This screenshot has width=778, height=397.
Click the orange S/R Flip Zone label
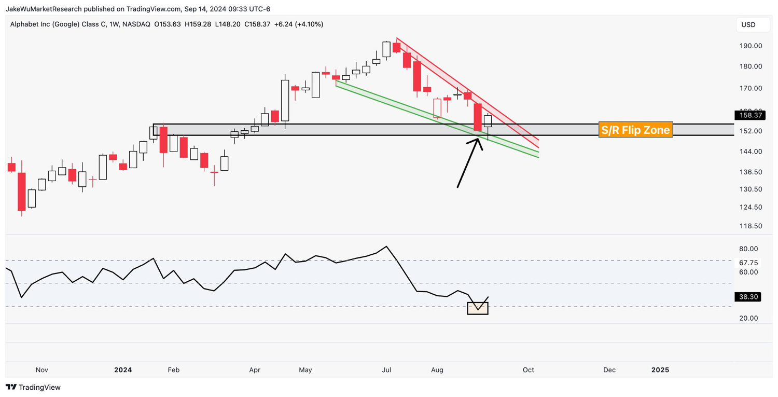tap(635, 130)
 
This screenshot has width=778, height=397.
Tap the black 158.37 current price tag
tap(750, 115)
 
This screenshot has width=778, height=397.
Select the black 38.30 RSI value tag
tap(748, 297)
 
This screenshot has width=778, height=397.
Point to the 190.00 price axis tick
tap(751, 46)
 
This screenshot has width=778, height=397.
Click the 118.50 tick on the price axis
tap(751, 226)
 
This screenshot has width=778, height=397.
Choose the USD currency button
tap(748, 25)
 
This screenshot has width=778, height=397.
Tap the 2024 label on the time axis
tap(123, 370)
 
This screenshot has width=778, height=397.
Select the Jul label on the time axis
tap(386, 370)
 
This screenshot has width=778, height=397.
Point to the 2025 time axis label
tap(660, 370)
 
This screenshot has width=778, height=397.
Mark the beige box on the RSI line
tap(478, 308)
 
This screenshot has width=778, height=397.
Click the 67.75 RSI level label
tap(748, 263)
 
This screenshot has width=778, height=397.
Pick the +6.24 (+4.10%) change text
tap(298, 24)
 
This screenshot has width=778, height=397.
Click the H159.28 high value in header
tap(198, 24)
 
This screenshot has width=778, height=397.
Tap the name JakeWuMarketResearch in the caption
tap(44, 9)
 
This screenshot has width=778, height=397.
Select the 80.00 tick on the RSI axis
tap(748, 249)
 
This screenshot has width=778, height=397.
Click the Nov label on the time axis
tap(41, 370)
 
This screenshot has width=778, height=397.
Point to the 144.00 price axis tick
tap(751, 152)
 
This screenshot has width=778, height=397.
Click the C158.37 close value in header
tap(257, 24)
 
